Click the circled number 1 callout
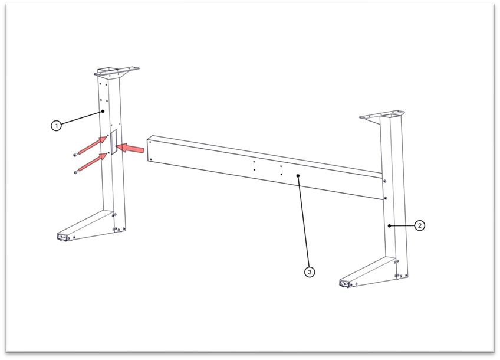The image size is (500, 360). point(57,126)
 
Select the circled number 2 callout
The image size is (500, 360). point(420,225)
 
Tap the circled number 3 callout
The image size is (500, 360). point(310,272)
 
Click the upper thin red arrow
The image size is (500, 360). point(93,145)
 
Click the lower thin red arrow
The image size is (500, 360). point(93,162)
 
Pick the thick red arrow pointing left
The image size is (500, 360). point(130,148)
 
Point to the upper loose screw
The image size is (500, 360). point(75,155)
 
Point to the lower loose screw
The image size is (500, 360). point(75,172)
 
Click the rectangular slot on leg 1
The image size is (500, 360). point(114,142)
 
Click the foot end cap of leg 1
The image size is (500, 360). point(63,237)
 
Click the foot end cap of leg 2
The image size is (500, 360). point(345,283)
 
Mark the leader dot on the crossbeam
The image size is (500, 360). point(298,175)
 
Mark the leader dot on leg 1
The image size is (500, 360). point(103,111)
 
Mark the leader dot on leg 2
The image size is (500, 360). point(390,225)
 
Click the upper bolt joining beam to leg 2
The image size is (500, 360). point(385,181)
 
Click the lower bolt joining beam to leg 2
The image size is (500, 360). point(386,198)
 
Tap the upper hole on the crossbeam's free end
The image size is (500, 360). point(150,142)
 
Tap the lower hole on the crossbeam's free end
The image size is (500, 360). point(150,159)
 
